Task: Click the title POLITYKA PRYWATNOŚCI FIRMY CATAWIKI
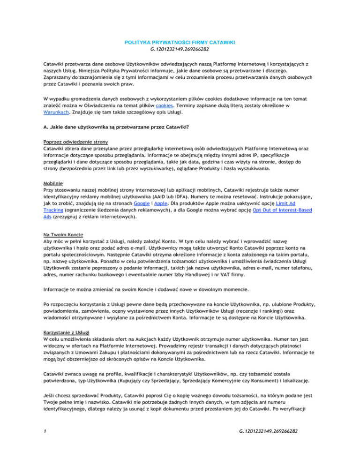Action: tap(180, 43)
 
